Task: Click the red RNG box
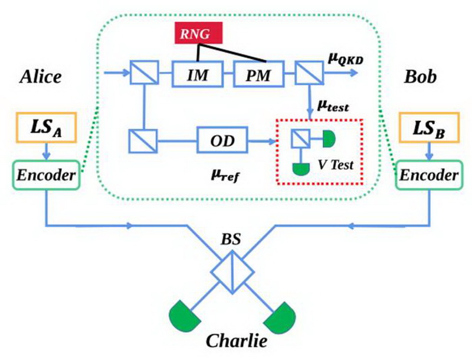198,34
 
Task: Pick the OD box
224,141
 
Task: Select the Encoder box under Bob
428,175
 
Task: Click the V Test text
335,165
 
